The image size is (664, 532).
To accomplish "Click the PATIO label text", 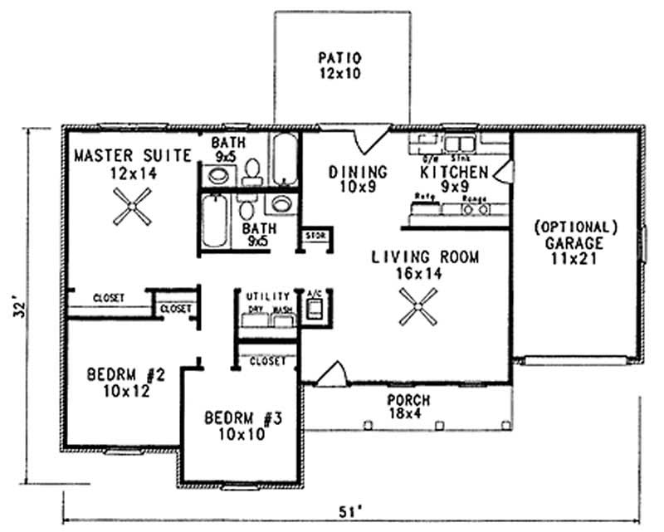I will click(x=341, y=58).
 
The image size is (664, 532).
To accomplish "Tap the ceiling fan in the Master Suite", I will click(x=133, y=206).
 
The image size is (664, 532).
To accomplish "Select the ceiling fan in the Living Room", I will click(x=414, y=307).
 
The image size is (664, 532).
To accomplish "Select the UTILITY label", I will click(x=267, y=295).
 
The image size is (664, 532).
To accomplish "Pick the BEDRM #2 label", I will click(x=126, y=375).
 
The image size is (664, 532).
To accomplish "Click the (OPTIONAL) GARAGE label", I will click(x=576, y=226).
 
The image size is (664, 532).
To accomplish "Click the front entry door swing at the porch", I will click(x=330, y=373).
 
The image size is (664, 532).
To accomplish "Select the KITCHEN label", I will click(x=453, y=172).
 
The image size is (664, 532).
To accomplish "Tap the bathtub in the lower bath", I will click(x=214, y=221).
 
